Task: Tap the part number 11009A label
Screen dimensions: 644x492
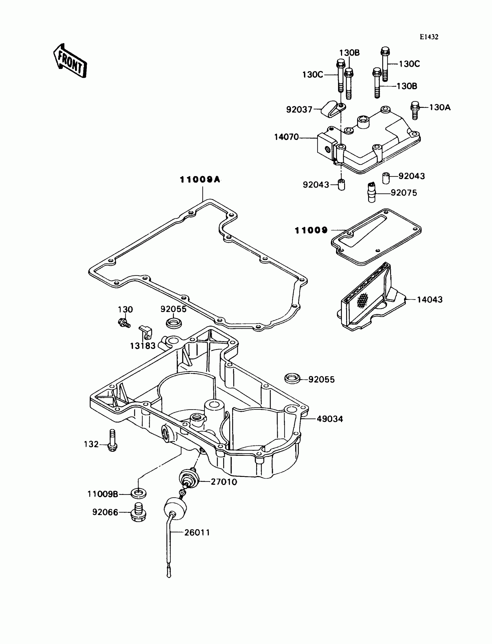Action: pyautogui.click(x=200, y=179)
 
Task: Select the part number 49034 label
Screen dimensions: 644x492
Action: pyautogui.click(x=330, y=419)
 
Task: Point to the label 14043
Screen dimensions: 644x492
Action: pyautogui.click(x=429, y=300)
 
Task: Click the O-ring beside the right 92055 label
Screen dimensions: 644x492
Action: pyautogui.click(x=292, y=378)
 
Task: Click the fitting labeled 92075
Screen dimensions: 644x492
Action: pyautogui.click(x=371, y=192)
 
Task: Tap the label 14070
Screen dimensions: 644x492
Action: pyautogui.click(x=286, y=137)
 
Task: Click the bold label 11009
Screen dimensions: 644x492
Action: pyautogui.click(x=311, y=230)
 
